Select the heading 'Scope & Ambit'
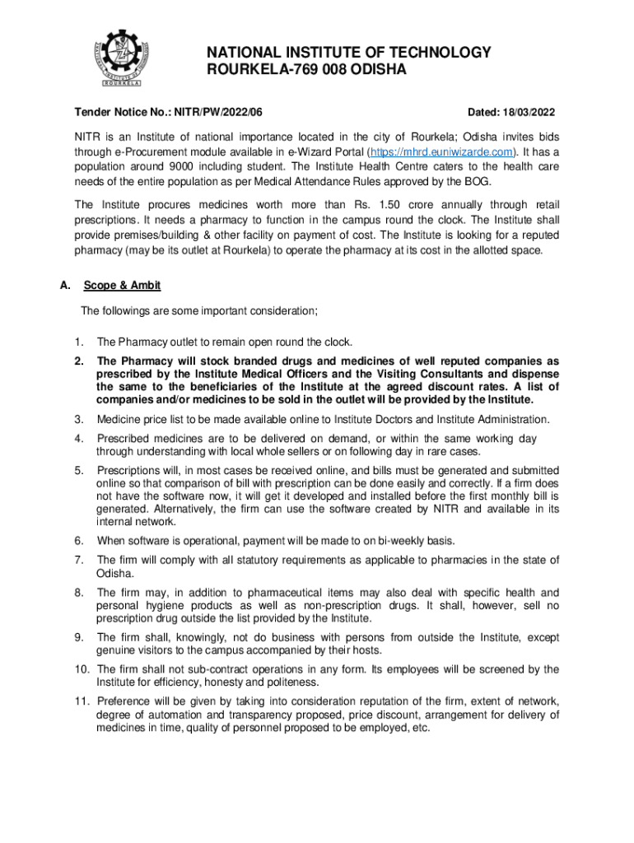pos(122,285)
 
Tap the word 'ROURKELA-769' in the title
pos(247,71)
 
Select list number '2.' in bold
pos(80,361)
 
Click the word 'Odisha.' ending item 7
pos(114,573)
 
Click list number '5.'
pos(80,470)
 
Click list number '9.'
pos(80,636)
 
